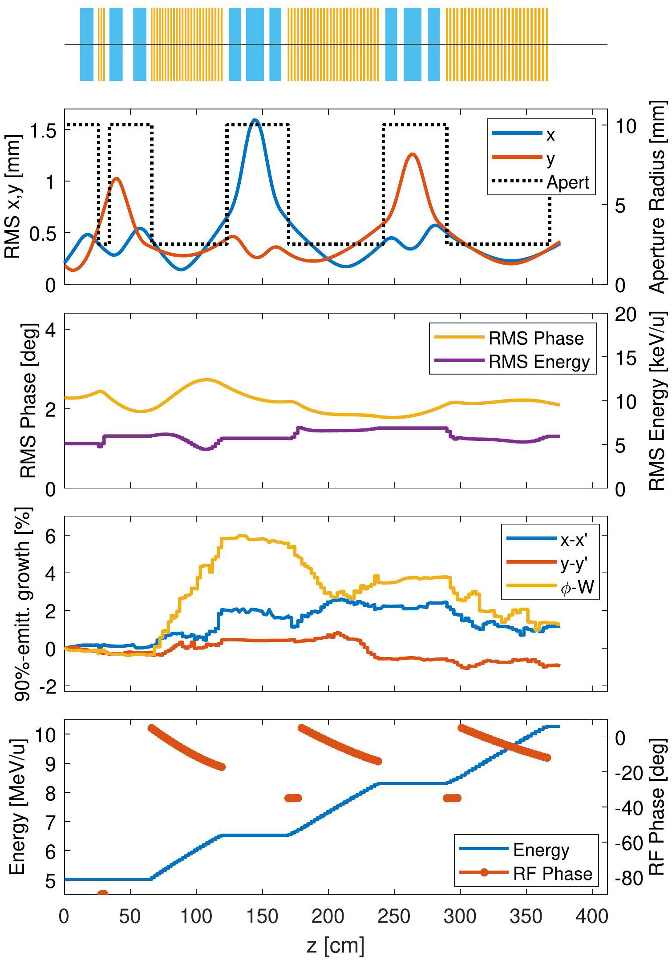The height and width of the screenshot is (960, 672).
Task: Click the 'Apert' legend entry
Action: point(567,182)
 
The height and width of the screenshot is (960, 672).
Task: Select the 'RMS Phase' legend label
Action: point(536,339)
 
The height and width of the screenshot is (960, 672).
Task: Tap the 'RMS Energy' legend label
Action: point(539,362)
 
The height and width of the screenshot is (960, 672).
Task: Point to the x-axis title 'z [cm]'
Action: point(336,945)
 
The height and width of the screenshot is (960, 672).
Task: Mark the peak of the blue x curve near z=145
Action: point(255,120)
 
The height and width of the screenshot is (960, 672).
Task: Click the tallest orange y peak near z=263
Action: point(413,154)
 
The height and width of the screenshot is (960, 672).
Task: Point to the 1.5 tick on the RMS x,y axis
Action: point(43,131)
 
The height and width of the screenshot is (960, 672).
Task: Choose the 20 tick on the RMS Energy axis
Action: point(626,315)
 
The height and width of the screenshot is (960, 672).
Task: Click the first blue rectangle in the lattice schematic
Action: point(87,44)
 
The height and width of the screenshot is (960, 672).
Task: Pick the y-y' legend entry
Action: point(574,564)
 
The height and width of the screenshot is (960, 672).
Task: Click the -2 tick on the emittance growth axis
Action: point(48,687)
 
